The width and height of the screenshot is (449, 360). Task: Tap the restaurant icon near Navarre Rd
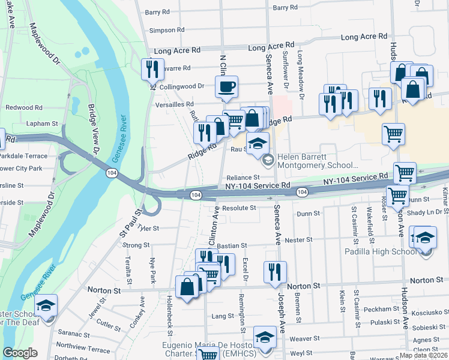tap(152, 69)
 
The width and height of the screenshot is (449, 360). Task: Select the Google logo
tap(20, 353)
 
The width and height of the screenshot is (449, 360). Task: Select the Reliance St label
tap(243, 178)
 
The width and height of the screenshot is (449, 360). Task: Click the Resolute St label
tap(239, 208)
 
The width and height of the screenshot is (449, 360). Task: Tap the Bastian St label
tap(232, 246)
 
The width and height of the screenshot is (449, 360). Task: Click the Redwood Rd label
tap(23, 107)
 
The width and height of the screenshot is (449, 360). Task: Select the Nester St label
tap(298, 240)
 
